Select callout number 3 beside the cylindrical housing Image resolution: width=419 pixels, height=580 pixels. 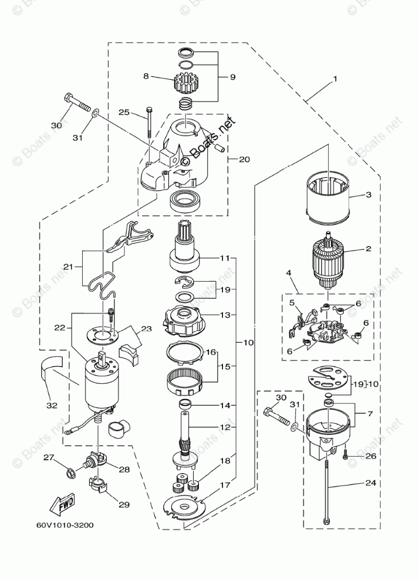pyautogui.click(x=369, y=195)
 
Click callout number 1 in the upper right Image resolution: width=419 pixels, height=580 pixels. pyautogui.click(x=335, y=78)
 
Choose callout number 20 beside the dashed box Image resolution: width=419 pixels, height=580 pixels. pyautogui.click(x=244, y=159)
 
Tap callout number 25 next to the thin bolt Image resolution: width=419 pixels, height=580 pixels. pyautogui.click(x=124, y=112)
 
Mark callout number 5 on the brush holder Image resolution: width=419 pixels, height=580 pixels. pyautogui.click(x=292, y=302)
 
